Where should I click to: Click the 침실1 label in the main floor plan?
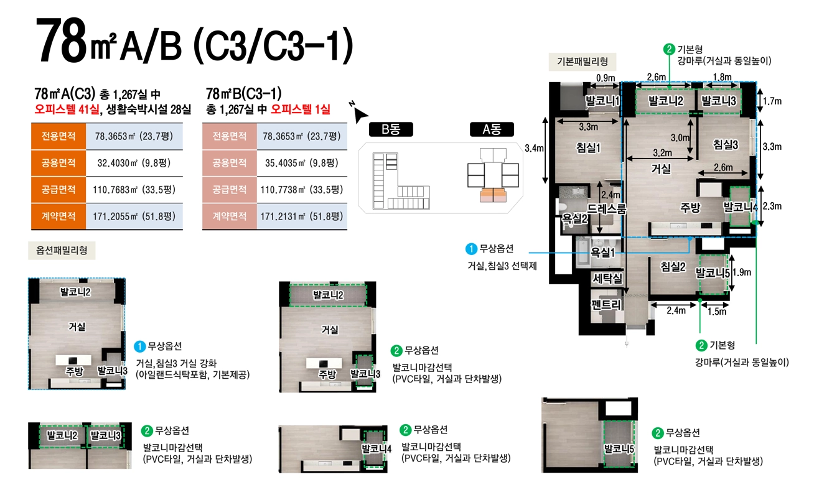coord(588,148)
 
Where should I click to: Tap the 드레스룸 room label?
coord(607,208)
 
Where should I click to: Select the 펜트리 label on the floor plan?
coord(606,304)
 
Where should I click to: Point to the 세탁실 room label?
coord(607,279)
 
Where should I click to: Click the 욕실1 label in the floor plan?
coord(602,252)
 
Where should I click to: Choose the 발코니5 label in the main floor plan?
coord(712,273)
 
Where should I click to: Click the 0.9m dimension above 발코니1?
coord(606,78)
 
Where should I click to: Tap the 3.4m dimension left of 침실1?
coord(534,148)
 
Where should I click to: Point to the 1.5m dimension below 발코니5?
coord(717,312)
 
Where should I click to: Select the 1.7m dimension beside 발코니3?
coord(772,101)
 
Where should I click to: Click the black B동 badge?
coord(391,129)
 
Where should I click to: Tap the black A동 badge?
coord(492,129)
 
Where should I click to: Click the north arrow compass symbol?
coord(358,113)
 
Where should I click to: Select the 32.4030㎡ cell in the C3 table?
coord(134,163)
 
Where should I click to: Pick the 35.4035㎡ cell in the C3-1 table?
coord(302,163)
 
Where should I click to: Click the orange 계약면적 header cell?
coord(58,216)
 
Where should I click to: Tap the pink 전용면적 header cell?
coord(229,136)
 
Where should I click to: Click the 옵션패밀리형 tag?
coord(62,250)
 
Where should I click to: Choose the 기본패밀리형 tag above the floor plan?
coord(582,62)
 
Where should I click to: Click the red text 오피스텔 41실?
coord(67,109)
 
